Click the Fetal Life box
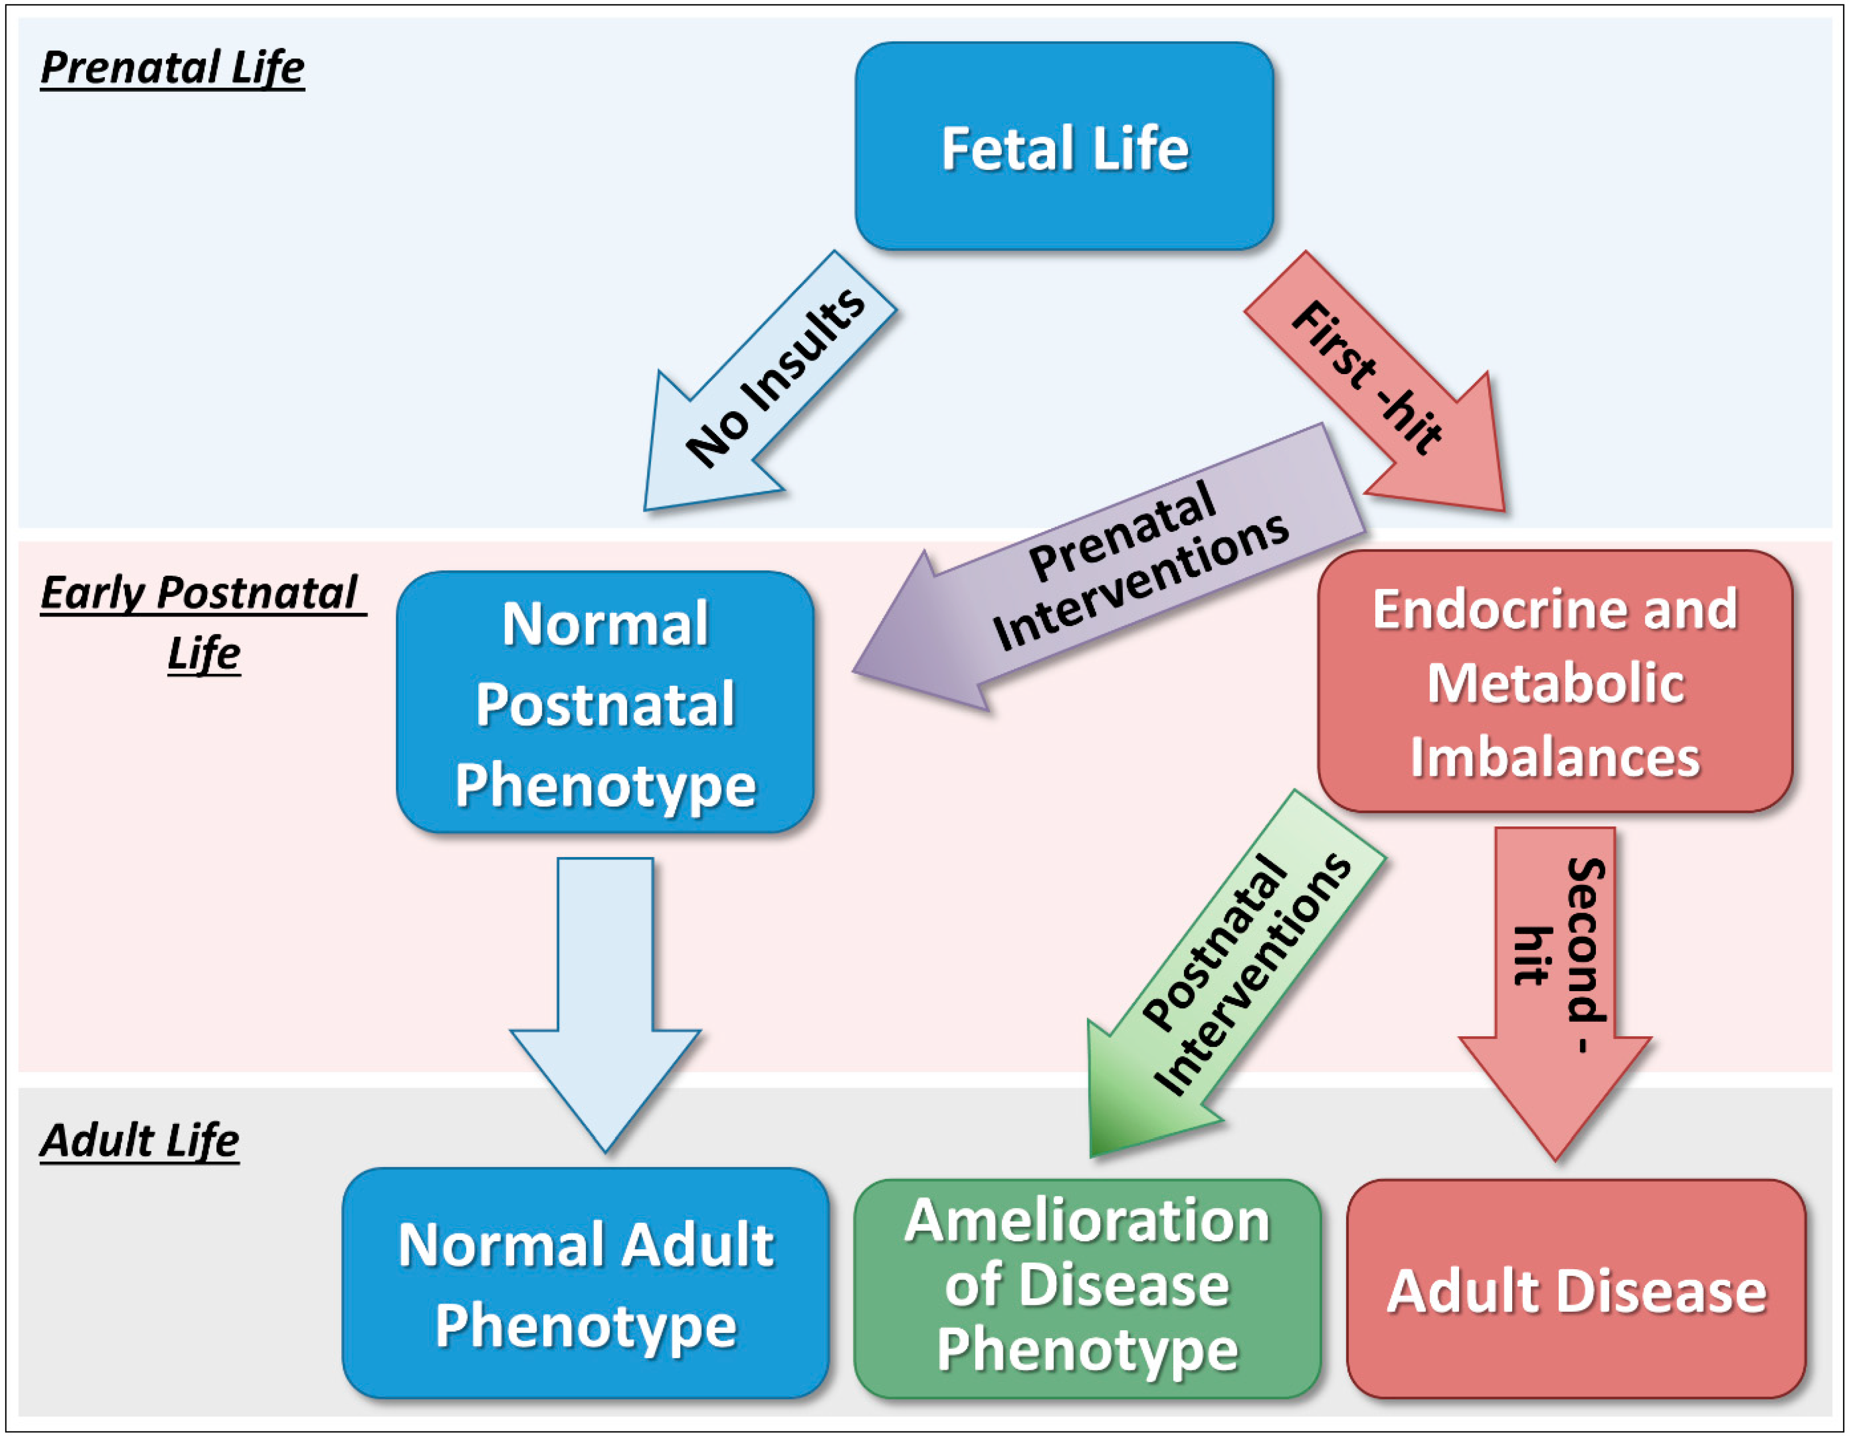pyautogui.click(x=1064, y=146)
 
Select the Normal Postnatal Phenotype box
pyautogui.click(x=605, y=703)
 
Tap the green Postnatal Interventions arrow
pyautogui.click(x=1237, y=982)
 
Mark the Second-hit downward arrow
pyautogui.click(x=1555, y=974)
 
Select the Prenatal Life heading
pyautogui.click(x=173, y=68)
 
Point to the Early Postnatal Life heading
pyautogui.click(x=201, y=622)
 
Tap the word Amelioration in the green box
pyautogui.click(x=1087, y=1222)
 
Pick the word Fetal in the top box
pyautogui.click(x=1007, y=148)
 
